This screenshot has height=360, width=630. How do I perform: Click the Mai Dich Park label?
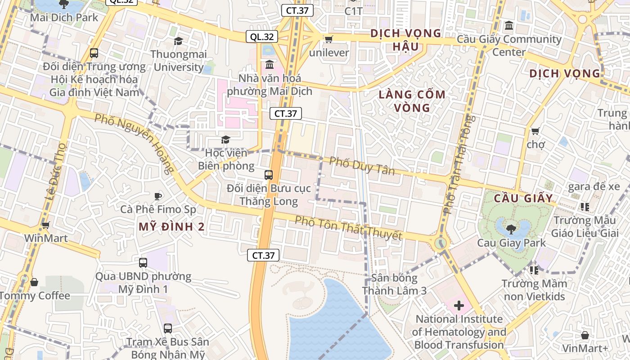click(64, 18)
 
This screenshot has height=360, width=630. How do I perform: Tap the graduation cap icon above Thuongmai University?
click(178, 41)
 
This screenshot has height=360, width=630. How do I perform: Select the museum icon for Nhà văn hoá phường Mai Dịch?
click(270, 65)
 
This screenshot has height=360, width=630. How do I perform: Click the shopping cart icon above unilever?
click(328, 40)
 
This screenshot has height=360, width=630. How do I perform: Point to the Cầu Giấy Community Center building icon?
click(509, 26)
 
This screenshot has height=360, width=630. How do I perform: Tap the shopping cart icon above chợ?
click(535, 131)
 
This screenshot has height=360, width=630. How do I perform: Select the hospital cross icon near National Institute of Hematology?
click(459, 306)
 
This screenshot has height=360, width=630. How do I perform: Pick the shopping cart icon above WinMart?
click(45, 225)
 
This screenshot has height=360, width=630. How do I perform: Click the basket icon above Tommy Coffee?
click(34, 282)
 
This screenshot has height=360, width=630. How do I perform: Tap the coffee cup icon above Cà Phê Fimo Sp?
click(157, 196)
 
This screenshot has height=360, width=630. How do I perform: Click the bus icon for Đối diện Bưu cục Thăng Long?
click(269, 175)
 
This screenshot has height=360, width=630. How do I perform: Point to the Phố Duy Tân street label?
click(362, 166)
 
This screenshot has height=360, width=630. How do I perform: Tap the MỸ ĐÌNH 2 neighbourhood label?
click(171, 227)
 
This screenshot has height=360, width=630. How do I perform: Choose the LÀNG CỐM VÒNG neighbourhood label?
click(412, 101)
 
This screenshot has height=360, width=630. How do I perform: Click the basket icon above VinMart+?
click(585, 335)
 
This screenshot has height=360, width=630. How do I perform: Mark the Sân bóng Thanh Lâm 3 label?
click(394, 284)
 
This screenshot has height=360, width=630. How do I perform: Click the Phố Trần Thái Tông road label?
click(459, 164)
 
